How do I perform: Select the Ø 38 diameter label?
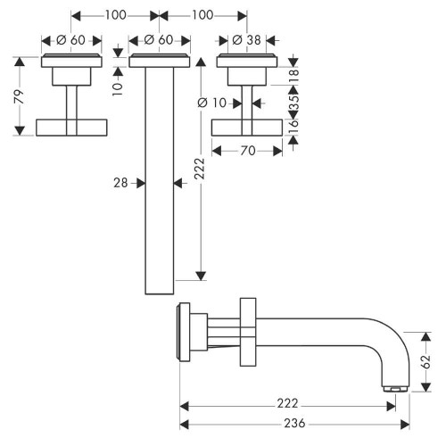[x=245, y=39]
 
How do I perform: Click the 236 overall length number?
[x=285, y=423]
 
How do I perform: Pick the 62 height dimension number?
[x=425, y=360]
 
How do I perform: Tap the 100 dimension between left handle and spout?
[x=114, y=15]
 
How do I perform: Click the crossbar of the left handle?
[x=71, y=126]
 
